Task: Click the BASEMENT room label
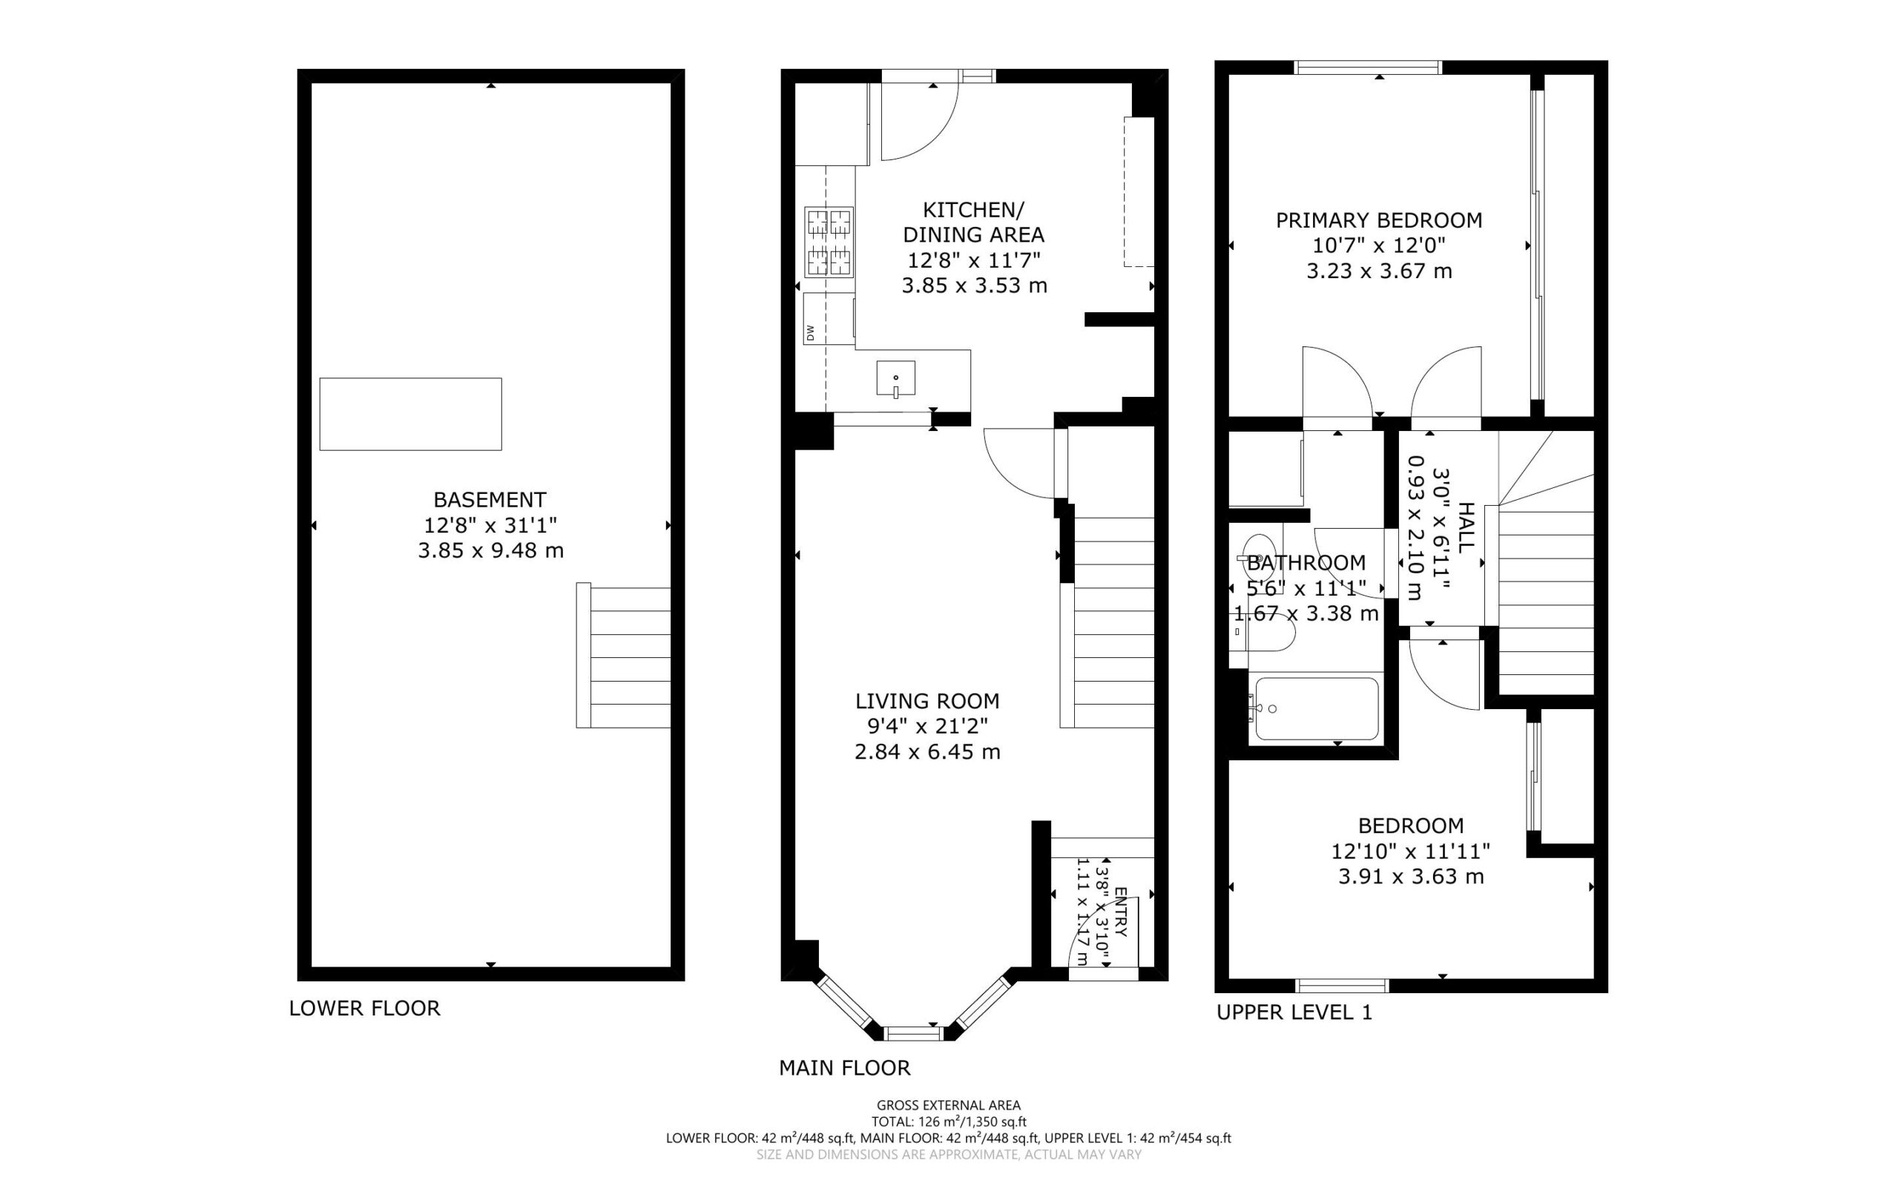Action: point(490,500)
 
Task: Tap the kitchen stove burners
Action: point(829,242)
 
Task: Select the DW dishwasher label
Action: point(810,332)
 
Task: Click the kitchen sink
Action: point(896,378)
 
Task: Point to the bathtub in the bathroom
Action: point(1317,708)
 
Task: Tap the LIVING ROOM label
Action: point(927,700)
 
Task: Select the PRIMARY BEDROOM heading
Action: point(1379,220)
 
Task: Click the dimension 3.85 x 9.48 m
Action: point(490,550)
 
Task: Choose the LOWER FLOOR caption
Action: point(365,1008)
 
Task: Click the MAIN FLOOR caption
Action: point(845,1067)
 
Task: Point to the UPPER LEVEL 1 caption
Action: point(1294,1012)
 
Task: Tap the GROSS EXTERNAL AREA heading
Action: point(948,1106)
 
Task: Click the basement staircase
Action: point(624,656)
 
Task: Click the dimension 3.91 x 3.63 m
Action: point(1411,876)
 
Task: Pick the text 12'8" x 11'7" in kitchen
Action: point(974,260)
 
